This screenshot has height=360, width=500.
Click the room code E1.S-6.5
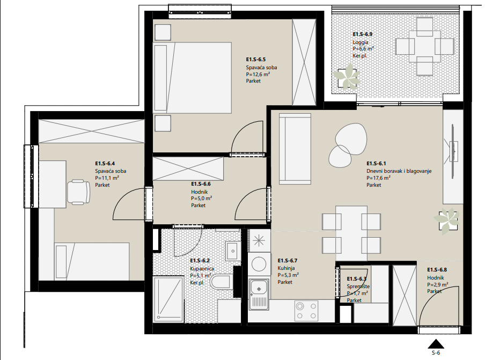pos(256,60)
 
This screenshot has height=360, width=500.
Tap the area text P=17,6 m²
pos(379,178)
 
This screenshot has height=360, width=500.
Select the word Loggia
pos(361,42)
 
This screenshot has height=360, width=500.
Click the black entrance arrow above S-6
pos(436,344)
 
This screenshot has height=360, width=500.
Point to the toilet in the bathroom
pos(220,283)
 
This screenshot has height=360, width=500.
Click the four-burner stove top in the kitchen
pos(306,311)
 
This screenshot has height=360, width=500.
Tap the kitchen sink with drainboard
pos(259,294)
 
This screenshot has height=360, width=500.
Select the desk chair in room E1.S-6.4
pos(78,192)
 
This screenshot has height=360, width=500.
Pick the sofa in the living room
pos(295,149)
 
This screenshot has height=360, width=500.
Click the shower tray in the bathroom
pos(168,299)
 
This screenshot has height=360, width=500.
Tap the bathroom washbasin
pos(233,251)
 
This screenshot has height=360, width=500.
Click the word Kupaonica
pos(202,269)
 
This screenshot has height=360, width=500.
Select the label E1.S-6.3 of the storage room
pos(357,279)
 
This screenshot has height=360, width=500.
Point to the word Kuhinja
pos(286,268)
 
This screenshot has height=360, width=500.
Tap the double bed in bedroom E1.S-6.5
pos(192,78)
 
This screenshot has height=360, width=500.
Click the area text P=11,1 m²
pos(107,178)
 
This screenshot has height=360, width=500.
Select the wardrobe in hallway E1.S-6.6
pos(188,168)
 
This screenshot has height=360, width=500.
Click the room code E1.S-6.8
pos(437,270)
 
